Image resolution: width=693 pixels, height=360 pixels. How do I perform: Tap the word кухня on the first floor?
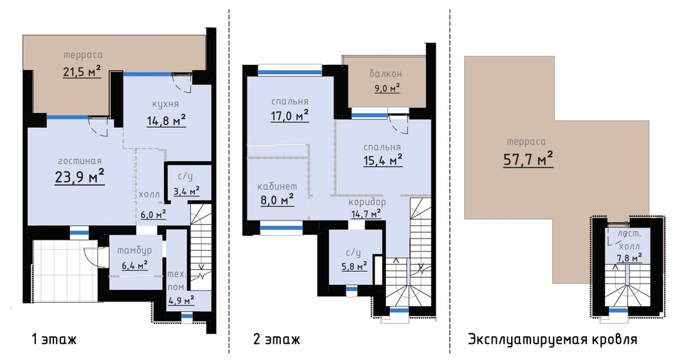[x=165, y=104]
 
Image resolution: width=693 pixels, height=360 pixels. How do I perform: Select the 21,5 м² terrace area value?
[x=82, y=71]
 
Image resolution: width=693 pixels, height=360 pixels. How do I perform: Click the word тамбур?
[x=134, y=250]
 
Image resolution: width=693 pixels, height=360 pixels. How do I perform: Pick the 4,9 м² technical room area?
[x=181, y=300]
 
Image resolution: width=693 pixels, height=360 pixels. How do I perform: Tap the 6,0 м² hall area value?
[x=154, y=214]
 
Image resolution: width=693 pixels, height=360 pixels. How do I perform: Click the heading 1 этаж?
[x=55, y=339]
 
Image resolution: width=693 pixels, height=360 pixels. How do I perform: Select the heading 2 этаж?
[x=277, y=339]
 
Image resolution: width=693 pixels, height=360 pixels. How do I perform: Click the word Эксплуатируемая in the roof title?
[x=526, y=339]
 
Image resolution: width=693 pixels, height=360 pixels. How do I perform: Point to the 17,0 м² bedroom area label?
[x=289, y=116]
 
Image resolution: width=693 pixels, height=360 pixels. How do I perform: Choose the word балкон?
[x=386, y=74]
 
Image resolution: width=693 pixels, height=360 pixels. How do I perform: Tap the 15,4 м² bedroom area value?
[x=382, y=160]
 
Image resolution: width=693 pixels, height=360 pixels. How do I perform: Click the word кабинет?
[x=277, y=186]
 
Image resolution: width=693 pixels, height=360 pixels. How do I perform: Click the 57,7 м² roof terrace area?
[x=528, y=159]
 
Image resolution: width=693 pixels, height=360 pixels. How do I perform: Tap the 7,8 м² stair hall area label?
[x=630, y=257]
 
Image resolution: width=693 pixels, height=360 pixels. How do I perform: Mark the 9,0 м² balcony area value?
[x=388, y=88]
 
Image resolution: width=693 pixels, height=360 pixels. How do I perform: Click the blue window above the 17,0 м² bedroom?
[x=290, y=72]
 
